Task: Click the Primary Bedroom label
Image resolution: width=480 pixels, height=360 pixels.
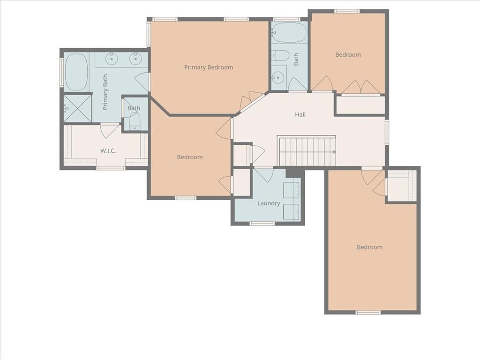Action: pyautogui.click(x=208, y=67)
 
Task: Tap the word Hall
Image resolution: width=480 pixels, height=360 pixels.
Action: pyautogui.click(x=300, y=114)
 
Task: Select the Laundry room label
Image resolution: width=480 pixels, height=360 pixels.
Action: pyautogui.click(x=269, y=203)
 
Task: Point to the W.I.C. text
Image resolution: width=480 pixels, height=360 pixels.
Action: pyautogui.click(x=108, y=150)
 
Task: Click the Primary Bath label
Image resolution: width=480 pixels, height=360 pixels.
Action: pyautogui.click(x=105, y=92)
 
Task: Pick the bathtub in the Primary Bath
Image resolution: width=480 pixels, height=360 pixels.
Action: pyautogui.click(x=76, y=72)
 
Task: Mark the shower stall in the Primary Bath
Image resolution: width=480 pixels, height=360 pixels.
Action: pyautogui.click(x=77, y=108)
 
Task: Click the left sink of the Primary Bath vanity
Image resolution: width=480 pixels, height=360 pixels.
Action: pyautogui.click(x=112, y=59)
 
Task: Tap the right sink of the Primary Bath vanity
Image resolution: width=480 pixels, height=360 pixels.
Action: pyautogui.click(x=135, y=59)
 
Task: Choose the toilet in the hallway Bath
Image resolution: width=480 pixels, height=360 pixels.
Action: pyautogui.click(x=280, y=55)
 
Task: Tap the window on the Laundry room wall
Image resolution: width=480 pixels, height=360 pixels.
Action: pyautogui.click(x=262, y=224)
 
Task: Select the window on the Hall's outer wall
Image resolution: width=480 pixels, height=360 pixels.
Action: pyautogui.click(x=387, y=131)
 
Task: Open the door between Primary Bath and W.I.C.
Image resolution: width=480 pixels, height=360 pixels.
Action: pyautogui.click(x=110, y=130)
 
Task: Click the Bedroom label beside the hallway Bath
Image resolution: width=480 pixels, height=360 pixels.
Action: pyautogui.click(x=348, y=55)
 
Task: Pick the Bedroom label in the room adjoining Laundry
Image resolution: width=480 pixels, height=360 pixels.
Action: pyautogui.click(x=190, y=157)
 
